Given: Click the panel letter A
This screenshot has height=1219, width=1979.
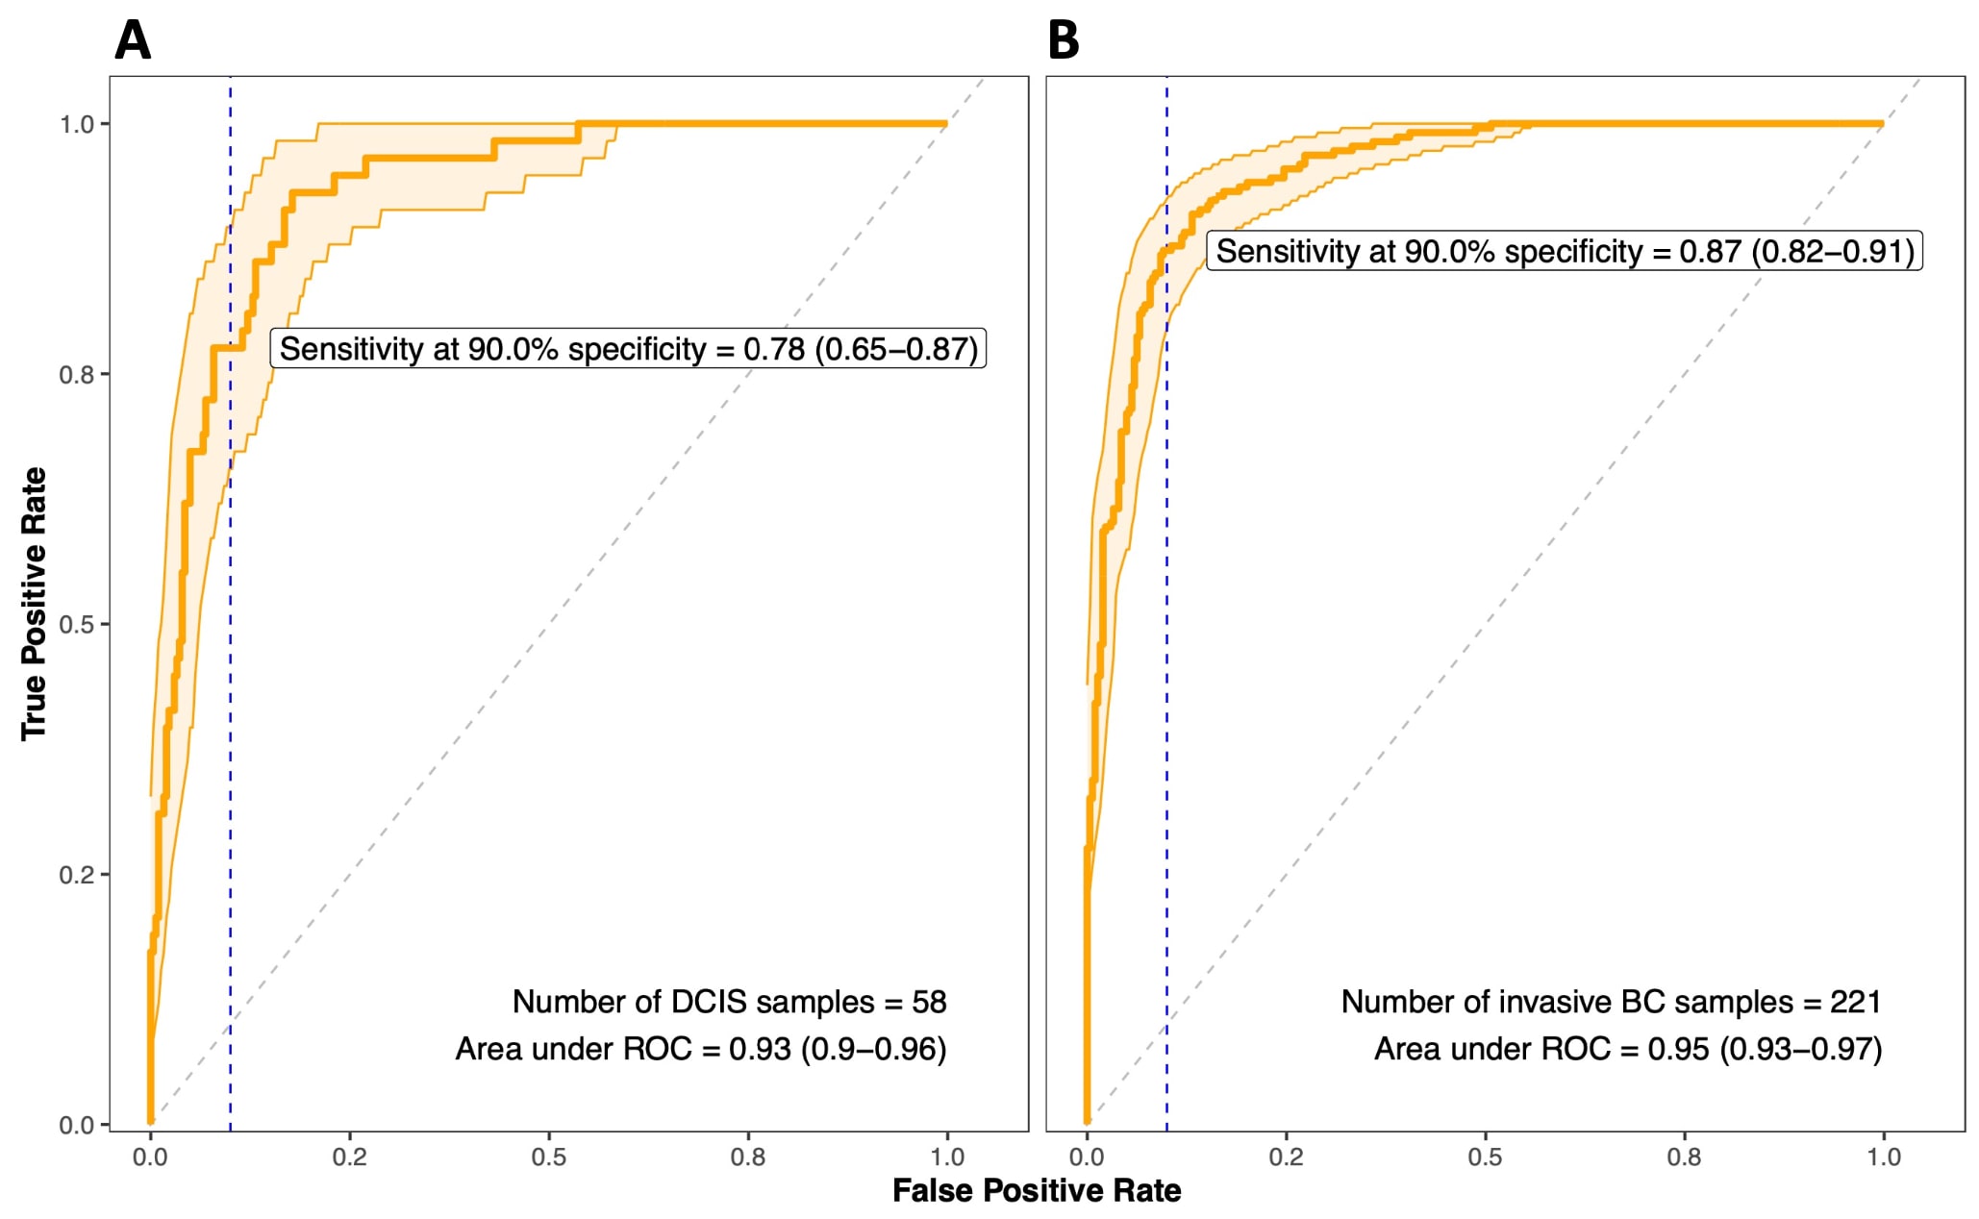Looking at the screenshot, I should [x=133, y=40].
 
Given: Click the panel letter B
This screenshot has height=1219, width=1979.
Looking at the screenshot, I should [x=1063, y=40].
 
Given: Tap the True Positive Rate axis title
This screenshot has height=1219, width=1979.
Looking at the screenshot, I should [x=34, y=603].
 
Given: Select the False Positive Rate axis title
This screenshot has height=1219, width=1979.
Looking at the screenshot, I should [x=1036, y=1190].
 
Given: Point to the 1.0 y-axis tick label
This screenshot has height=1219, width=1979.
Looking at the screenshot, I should [x=77, y=124].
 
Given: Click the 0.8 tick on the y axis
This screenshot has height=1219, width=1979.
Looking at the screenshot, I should [x=77, y=374].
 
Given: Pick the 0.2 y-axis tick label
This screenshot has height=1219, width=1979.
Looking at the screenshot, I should [x=77, y=875].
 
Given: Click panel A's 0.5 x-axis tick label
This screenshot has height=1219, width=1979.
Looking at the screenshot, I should [x=548, y=1157].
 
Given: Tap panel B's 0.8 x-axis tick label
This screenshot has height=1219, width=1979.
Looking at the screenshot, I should [x=1684, y=1157].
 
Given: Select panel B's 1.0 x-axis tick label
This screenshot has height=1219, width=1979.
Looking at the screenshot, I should [x=1883, y=1157].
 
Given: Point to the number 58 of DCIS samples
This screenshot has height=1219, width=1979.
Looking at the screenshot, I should [x=929, y=1002].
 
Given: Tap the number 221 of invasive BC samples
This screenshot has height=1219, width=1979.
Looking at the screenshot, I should [x=1855, y=1002].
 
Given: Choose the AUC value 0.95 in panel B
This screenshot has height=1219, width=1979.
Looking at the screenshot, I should [x=1678, y=1049].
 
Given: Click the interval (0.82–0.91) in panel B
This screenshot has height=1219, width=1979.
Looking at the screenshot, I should [x=1833, y=252].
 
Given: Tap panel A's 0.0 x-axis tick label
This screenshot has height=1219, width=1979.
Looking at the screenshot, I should [x=150, y=1157].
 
